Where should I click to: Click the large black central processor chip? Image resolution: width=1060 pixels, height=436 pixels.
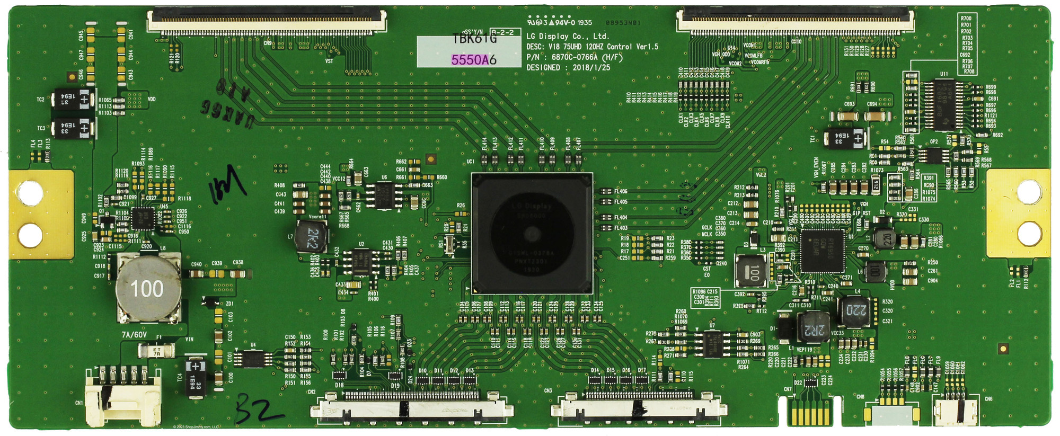[532, 233]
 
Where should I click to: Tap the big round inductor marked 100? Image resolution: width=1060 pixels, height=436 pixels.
[147, 289]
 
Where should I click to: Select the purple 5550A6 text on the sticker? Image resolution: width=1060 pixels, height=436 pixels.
[474, 60]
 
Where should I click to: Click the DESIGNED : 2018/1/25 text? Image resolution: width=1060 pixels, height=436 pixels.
[568, 68]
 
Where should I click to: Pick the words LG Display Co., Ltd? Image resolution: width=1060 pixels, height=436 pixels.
[567, 37]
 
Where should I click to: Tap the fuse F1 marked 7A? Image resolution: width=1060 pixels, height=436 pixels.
[156, 350]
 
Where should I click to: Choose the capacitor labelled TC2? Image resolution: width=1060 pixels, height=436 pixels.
[74, 99]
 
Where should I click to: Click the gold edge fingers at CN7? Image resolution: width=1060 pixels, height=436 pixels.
[809, 410]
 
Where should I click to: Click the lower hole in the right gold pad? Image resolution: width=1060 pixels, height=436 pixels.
[1029, 233]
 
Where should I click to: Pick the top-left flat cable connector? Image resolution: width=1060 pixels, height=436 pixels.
[267, 21]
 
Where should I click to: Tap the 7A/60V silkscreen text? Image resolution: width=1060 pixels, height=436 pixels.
[134, 335]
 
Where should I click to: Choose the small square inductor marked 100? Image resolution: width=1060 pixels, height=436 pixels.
[751, 271]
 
